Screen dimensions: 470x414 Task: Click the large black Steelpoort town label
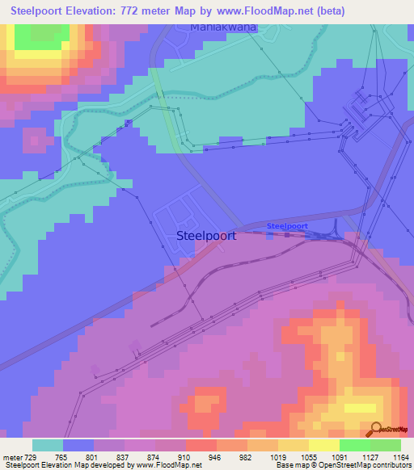205,236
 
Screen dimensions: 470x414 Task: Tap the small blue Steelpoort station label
287,226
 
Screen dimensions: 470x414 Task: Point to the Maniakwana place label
223,27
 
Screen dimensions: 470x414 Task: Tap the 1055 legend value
308,456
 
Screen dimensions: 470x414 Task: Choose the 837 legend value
124,456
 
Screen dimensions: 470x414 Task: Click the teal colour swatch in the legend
48,445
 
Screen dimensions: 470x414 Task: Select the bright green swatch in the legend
354,445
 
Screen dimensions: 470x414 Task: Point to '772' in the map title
151,11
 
